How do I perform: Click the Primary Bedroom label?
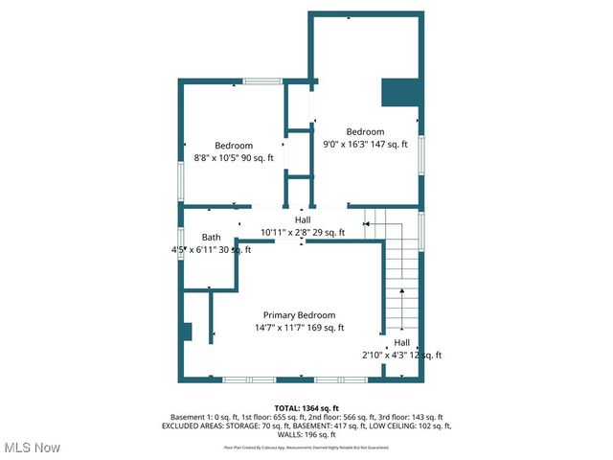tap(299, 315)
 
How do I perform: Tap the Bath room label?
tap(211, 238)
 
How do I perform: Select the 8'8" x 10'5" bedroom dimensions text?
tap(234, 158)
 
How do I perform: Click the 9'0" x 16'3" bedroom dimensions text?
tap(365, 145)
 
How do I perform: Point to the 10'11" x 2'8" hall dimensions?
tap(302, 232)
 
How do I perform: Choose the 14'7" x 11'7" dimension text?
tap(299, 328)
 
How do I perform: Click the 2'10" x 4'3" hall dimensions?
tap(401, 356)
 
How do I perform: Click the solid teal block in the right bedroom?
tap(400, 92)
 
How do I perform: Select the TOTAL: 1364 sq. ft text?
tap(306, 408)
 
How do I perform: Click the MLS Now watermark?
tap(33, 448)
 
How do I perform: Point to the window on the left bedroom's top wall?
tap(261, 81)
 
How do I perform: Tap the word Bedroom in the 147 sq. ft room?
tap(365, 132)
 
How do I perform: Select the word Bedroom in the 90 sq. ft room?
tap(234, 146)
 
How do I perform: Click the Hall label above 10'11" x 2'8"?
tap(302, 219)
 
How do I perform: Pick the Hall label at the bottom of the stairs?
tap(401, 343)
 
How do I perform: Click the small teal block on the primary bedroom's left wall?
tap(188, 332)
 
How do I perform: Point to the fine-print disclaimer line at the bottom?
tap(306, 447)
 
